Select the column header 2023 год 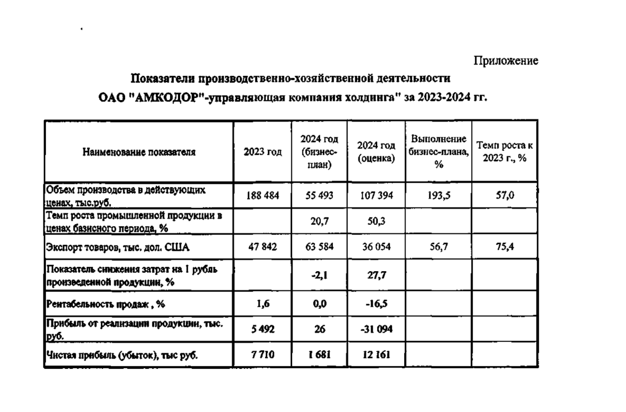pyautogui.click(x=263, y=152)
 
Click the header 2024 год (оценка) pyautogui.click(x=376, y=152)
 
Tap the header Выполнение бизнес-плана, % pyautogui.click(x=438, y=152)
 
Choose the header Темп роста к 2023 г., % pyautogui.click(x=504, y=152)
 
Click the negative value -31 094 pyautogui.click(x=376, y=330)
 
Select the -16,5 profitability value pyautogui.click(x=376, y=303)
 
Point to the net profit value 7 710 pyautogui.click(x=263, y=355)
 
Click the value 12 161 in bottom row pyautogui.click(x=376, y=355)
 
